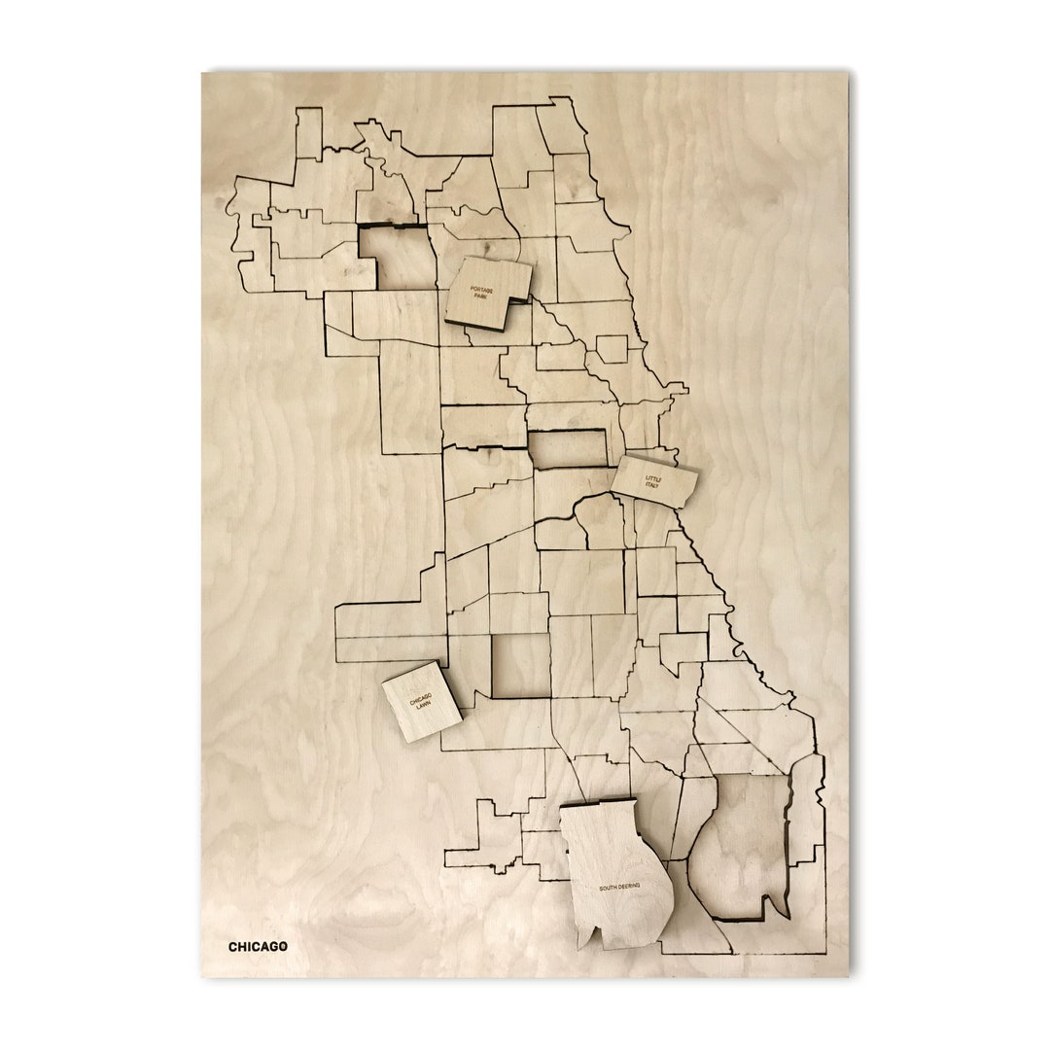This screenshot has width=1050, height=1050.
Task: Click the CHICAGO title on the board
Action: point(258,946)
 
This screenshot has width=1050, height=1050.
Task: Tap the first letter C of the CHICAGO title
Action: point(233,946)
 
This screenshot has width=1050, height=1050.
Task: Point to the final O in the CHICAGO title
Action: point(282,946)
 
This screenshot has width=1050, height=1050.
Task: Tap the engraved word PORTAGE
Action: point(482,289)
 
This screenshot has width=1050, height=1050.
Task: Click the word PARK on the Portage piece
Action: point(480,297)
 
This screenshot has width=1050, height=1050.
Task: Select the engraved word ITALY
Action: point(651,485)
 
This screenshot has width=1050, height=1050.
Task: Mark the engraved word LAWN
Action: point(422,706)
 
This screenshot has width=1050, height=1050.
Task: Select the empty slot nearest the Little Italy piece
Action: point(567,448)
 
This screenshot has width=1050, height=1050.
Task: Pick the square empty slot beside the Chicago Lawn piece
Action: point(521,666)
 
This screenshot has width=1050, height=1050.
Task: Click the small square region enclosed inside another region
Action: point(612,349)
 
